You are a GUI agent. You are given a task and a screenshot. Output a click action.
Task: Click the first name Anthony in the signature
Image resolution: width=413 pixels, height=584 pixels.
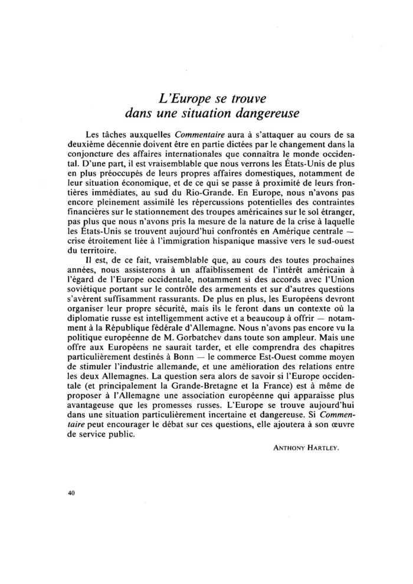[x=287, y=448]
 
